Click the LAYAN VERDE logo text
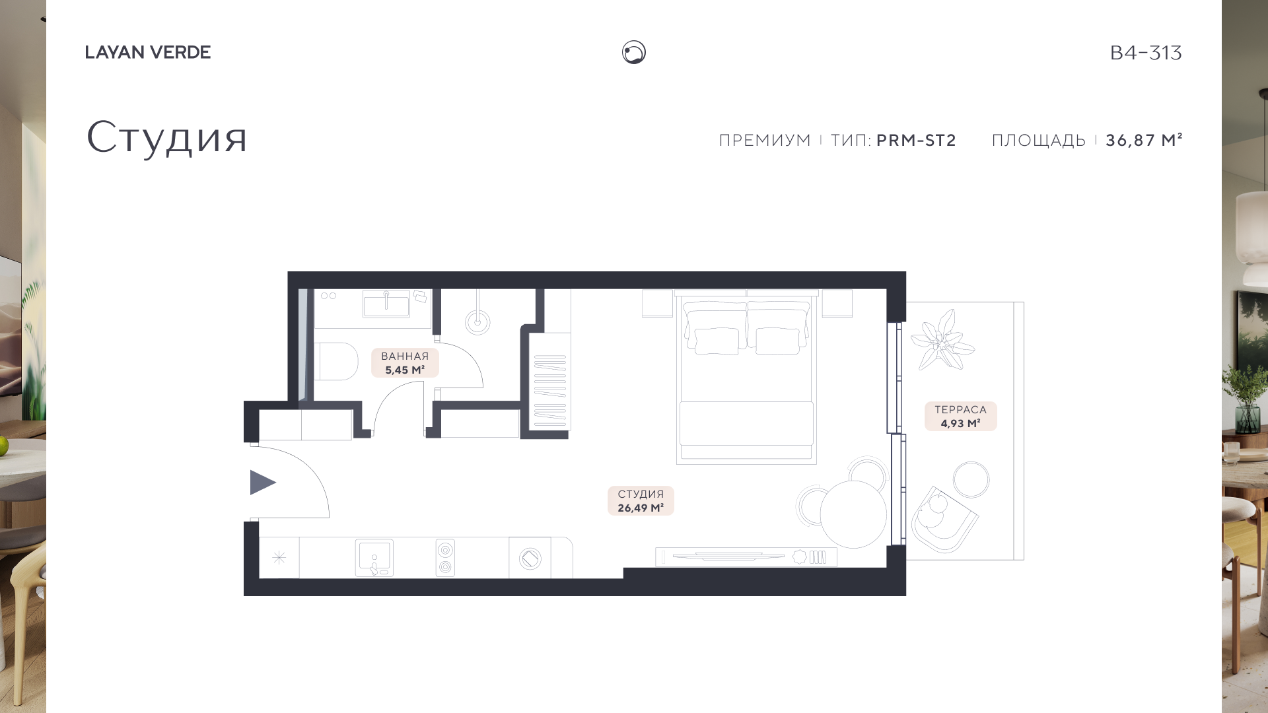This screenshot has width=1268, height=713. click(148, 52)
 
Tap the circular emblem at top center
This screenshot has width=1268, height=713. click(634, 52)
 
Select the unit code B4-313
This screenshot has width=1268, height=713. click(1146, 53)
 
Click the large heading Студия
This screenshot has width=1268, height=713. click(167, 137)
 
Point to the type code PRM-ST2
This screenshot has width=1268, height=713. click(916, 141)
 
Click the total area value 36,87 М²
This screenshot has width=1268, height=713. click(1144, 140)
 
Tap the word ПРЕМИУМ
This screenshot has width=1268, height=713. click(765, 141)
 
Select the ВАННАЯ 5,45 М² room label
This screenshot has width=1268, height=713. click(405, 363)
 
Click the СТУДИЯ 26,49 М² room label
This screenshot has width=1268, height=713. click(641, 501)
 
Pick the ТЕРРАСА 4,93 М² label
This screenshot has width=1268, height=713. click(960, 417)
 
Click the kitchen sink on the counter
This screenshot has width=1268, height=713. click(374, 558)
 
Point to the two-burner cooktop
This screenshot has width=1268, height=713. click(445, 558)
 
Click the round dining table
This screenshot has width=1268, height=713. click(853, 514)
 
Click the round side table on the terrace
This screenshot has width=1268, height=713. click(971, 479)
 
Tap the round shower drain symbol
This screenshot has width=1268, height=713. click(477, 322)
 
